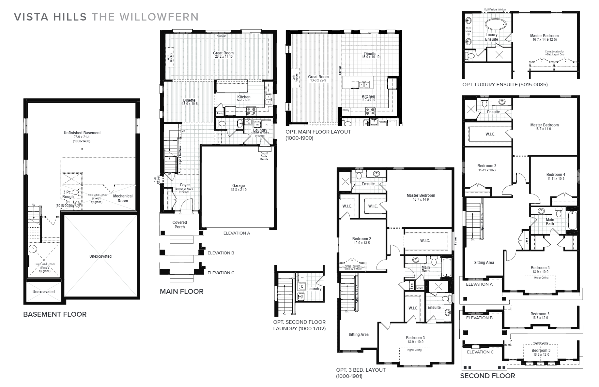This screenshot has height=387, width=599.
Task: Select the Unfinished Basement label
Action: coord(82,133)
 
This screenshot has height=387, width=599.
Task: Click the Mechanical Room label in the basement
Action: coord(123,198)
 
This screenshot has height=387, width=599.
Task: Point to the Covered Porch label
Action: coord(179,225)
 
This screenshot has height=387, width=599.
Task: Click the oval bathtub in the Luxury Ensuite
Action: coord(496,24)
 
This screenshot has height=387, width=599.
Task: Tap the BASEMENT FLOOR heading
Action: coord(55,314)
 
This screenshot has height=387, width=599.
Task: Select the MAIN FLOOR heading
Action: coord(181,292)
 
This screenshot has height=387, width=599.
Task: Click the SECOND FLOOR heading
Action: coord(487,376)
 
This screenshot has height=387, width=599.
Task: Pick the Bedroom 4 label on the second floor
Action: coord(556,175)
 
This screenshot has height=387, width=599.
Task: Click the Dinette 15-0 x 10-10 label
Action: coord(370,55)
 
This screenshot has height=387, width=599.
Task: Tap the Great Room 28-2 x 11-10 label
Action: coord(223,54)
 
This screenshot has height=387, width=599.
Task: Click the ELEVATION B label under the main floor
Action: coord(221,253)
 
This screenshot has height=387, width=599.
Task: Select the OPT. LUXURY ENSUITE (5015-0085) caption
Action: coord(505,85)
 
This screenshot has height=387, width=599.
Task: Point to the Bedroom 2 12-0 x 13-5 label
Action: coord(361,240)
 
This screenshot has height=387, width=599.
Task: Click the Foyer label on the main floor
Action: coord(185,185)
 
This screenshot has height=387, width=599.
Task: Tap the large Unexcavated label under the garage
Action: coord(100,256)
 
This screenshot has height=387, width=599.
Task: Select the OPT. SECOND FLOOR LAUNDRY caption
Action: coord(299,325)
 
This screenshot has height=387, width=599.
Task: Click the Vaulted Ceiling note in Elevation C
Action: coord(540,343)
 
